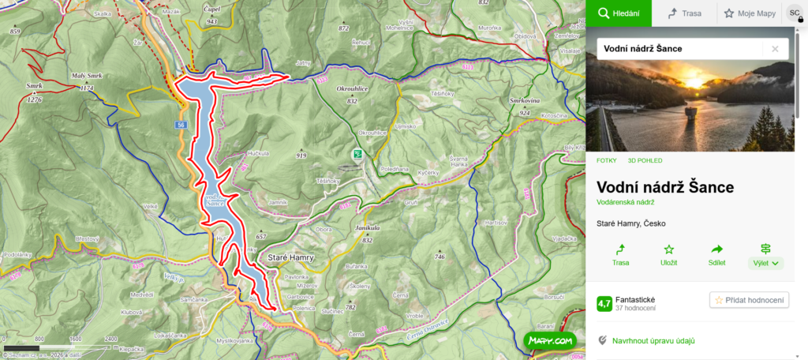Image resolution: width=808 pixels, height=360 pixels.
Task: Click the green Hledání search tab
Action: pos(619,13)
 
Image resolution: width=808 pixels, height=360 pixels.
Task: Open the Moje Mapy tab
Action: pos(750,13)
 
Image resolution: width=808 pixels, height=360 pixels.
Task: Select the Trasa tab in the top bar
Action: pos(683,13)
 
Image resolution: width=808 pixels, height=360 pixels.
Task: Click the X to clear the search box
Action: pos(775,49)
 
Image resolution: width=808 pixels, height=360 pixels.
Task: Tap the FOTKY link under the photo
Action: pos(606,160)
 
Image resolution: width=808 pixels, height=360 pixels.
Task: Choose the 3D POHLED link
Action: pos(645,160)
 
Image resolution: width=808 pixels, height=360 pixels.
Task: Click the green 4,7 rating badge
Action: pos(604,303)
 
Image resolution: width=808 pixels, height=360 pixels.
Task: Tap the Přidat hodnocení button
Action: pos(749,300)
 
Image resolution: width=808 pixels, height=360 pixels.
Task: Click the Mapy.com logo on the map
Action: pos(551,340)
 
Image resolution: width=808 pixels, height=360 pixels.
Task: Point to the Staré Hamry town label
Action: pos(291,258)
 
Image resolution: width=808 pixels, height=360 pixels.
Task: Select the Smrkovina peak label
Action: pos(525,102)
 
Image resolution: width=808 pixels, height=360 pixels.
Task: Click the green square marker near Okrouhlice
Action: pos(357,154)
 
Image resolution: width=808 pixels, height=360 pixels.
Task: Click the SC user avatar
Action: pos(795,13)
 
